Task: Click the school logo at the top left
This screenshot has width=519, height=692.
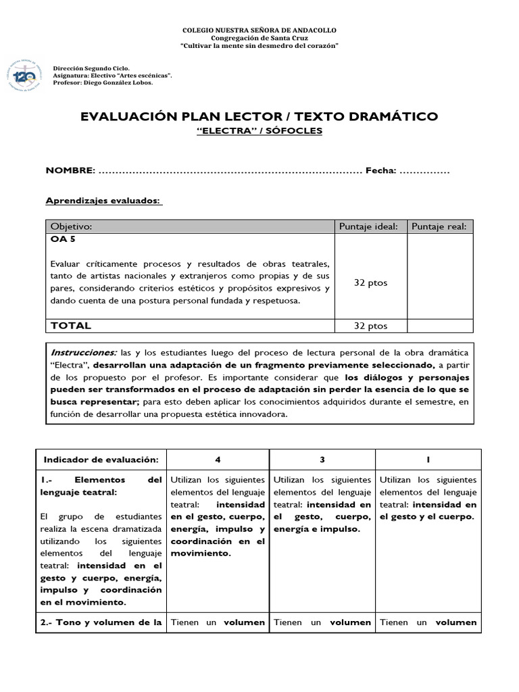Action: click(24, 77)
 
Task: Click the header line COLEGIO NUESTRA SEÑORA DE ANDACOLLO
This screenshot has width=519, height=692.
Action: click(259, 30)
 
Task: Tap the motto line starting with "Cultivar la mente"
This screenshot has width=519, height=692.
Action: click(259, 45)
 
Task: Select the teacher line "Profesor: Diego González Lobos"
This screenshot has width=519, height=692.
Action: click(103, 82)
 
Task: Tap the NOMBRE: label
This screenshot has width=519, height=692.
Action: click(70, 171)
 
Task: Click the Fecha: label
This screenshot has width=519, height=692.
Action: click(380, 171)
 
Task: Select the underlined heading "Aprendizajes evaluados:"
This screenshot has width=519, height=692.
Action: click(103, 201)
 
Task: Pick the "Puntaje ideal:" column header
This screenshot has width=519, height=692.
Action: click(368, 226)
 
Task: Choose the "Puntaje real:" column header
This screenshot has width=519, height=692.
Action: click(439, 226)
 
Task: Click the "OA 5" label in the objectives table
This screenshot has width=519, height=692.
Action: click(62, 239)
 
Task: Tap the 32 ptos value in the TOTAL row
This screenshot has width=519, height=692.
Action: click(371, 326)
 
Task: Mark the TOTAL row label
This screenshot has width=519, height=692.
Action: click(71, 326)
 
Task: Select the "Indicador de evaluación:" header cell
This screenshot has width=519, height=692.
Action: click(101, 460)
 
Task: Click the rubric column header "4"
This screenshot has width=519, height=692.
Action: click(218, 460)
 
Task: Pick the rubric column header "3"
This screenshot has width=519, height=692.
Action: click(322, 460)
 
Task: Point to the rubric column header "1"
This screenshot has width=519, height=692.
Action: click(428, 460)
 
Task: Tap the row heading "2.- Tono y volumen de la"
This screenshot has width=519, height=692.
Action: click(101, 622)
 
